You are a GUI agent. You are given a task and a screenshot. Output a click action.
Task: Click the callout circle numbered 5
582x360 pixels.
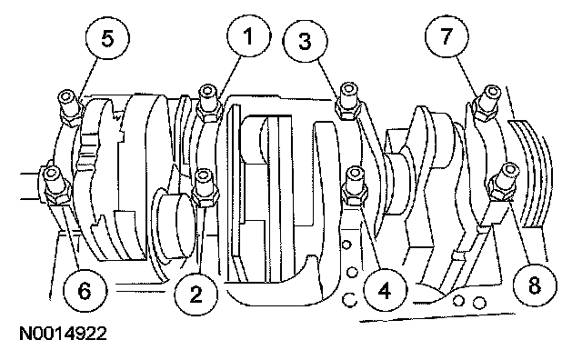[x=107, y=38]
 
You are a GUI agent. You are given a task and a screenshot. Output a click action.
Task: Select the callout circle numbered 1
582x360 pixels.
[x=248, y=36]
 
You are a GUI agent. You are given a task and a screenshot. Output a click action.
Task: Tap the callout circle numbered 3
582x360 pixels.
[x=306, y=40]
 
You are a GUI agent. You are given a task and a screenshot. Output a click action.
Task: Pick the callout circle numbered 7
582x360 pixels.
[x=447, y=36]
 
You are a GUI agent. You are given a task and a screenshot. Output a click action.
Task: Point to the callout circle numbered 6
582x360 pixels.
[x=85, y=289]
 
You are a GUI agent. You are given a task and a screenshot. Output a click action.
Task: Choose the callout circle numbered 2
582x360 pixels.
[x=196, y=294]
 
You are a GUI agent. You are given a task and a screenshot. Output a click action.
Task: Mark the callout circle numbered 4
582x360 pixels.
[x=386, y=290]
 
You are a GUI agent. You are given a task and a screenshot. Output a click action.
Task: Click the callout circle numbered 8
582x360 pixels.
[x=535, y=285]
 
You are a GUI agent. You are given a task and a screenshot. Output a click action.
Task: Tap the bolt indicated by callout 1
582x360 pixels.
[x=208, y=103]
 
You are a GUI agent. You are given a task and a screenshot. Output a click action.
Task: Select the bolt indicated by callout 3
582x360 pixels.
[x=348, y=101]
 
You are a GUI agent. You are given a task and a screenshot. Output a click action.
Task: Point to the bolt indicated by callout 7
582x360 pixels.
[x=487, y=103]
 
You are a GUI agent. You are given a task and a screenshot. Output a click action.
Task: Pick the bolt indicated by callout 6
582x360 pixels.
[x=55, y=185]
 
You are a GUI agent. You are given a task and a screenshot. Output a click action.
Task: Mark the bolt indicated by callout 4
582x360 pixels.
[x=356, y=185]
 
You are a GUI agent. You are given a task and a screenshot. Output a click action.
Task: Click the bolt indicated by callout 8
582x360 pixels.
[x=504, y=182]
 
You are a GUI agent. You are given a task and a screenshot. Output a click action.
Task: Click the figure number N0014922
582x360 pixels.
[x=63, y=334]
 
